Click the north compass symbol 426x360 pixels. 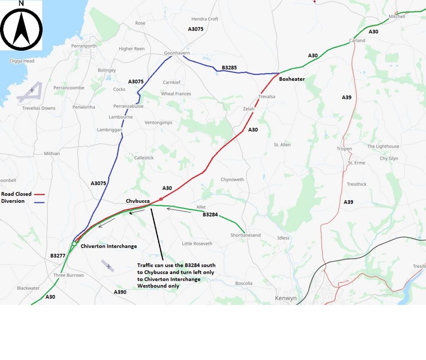point(21,27)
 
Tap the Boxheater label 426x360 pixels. point(292,79)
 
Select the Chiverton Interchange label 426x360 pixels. point(109,246)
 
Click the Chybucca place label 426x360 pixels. point(138,201)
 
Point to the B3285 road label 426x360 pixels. point(230,67)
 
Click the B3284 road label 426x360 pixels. point(211,215)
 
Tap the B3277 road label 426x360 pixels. point(58,256)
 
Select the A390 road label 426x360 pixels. point(120,292)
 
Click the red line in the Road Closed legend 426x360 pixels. point(39,194)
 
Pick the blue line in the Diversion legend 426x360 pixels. point(39,202)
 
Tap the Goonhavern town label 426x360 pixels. point(177,53)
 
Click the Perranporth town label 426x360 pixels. point(84,46)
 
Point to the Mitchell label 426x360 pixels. point(397,17)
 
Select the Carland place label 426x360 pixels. point(357,40)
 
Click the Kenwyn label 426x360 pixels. point(285,298)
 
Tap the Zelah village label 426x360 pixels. point(248,109)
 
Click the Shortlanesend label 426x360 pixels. point(245,235)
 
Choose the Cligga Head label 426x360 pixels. point(22,61)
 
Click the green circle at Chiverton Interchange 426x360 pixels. point(74,243)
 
